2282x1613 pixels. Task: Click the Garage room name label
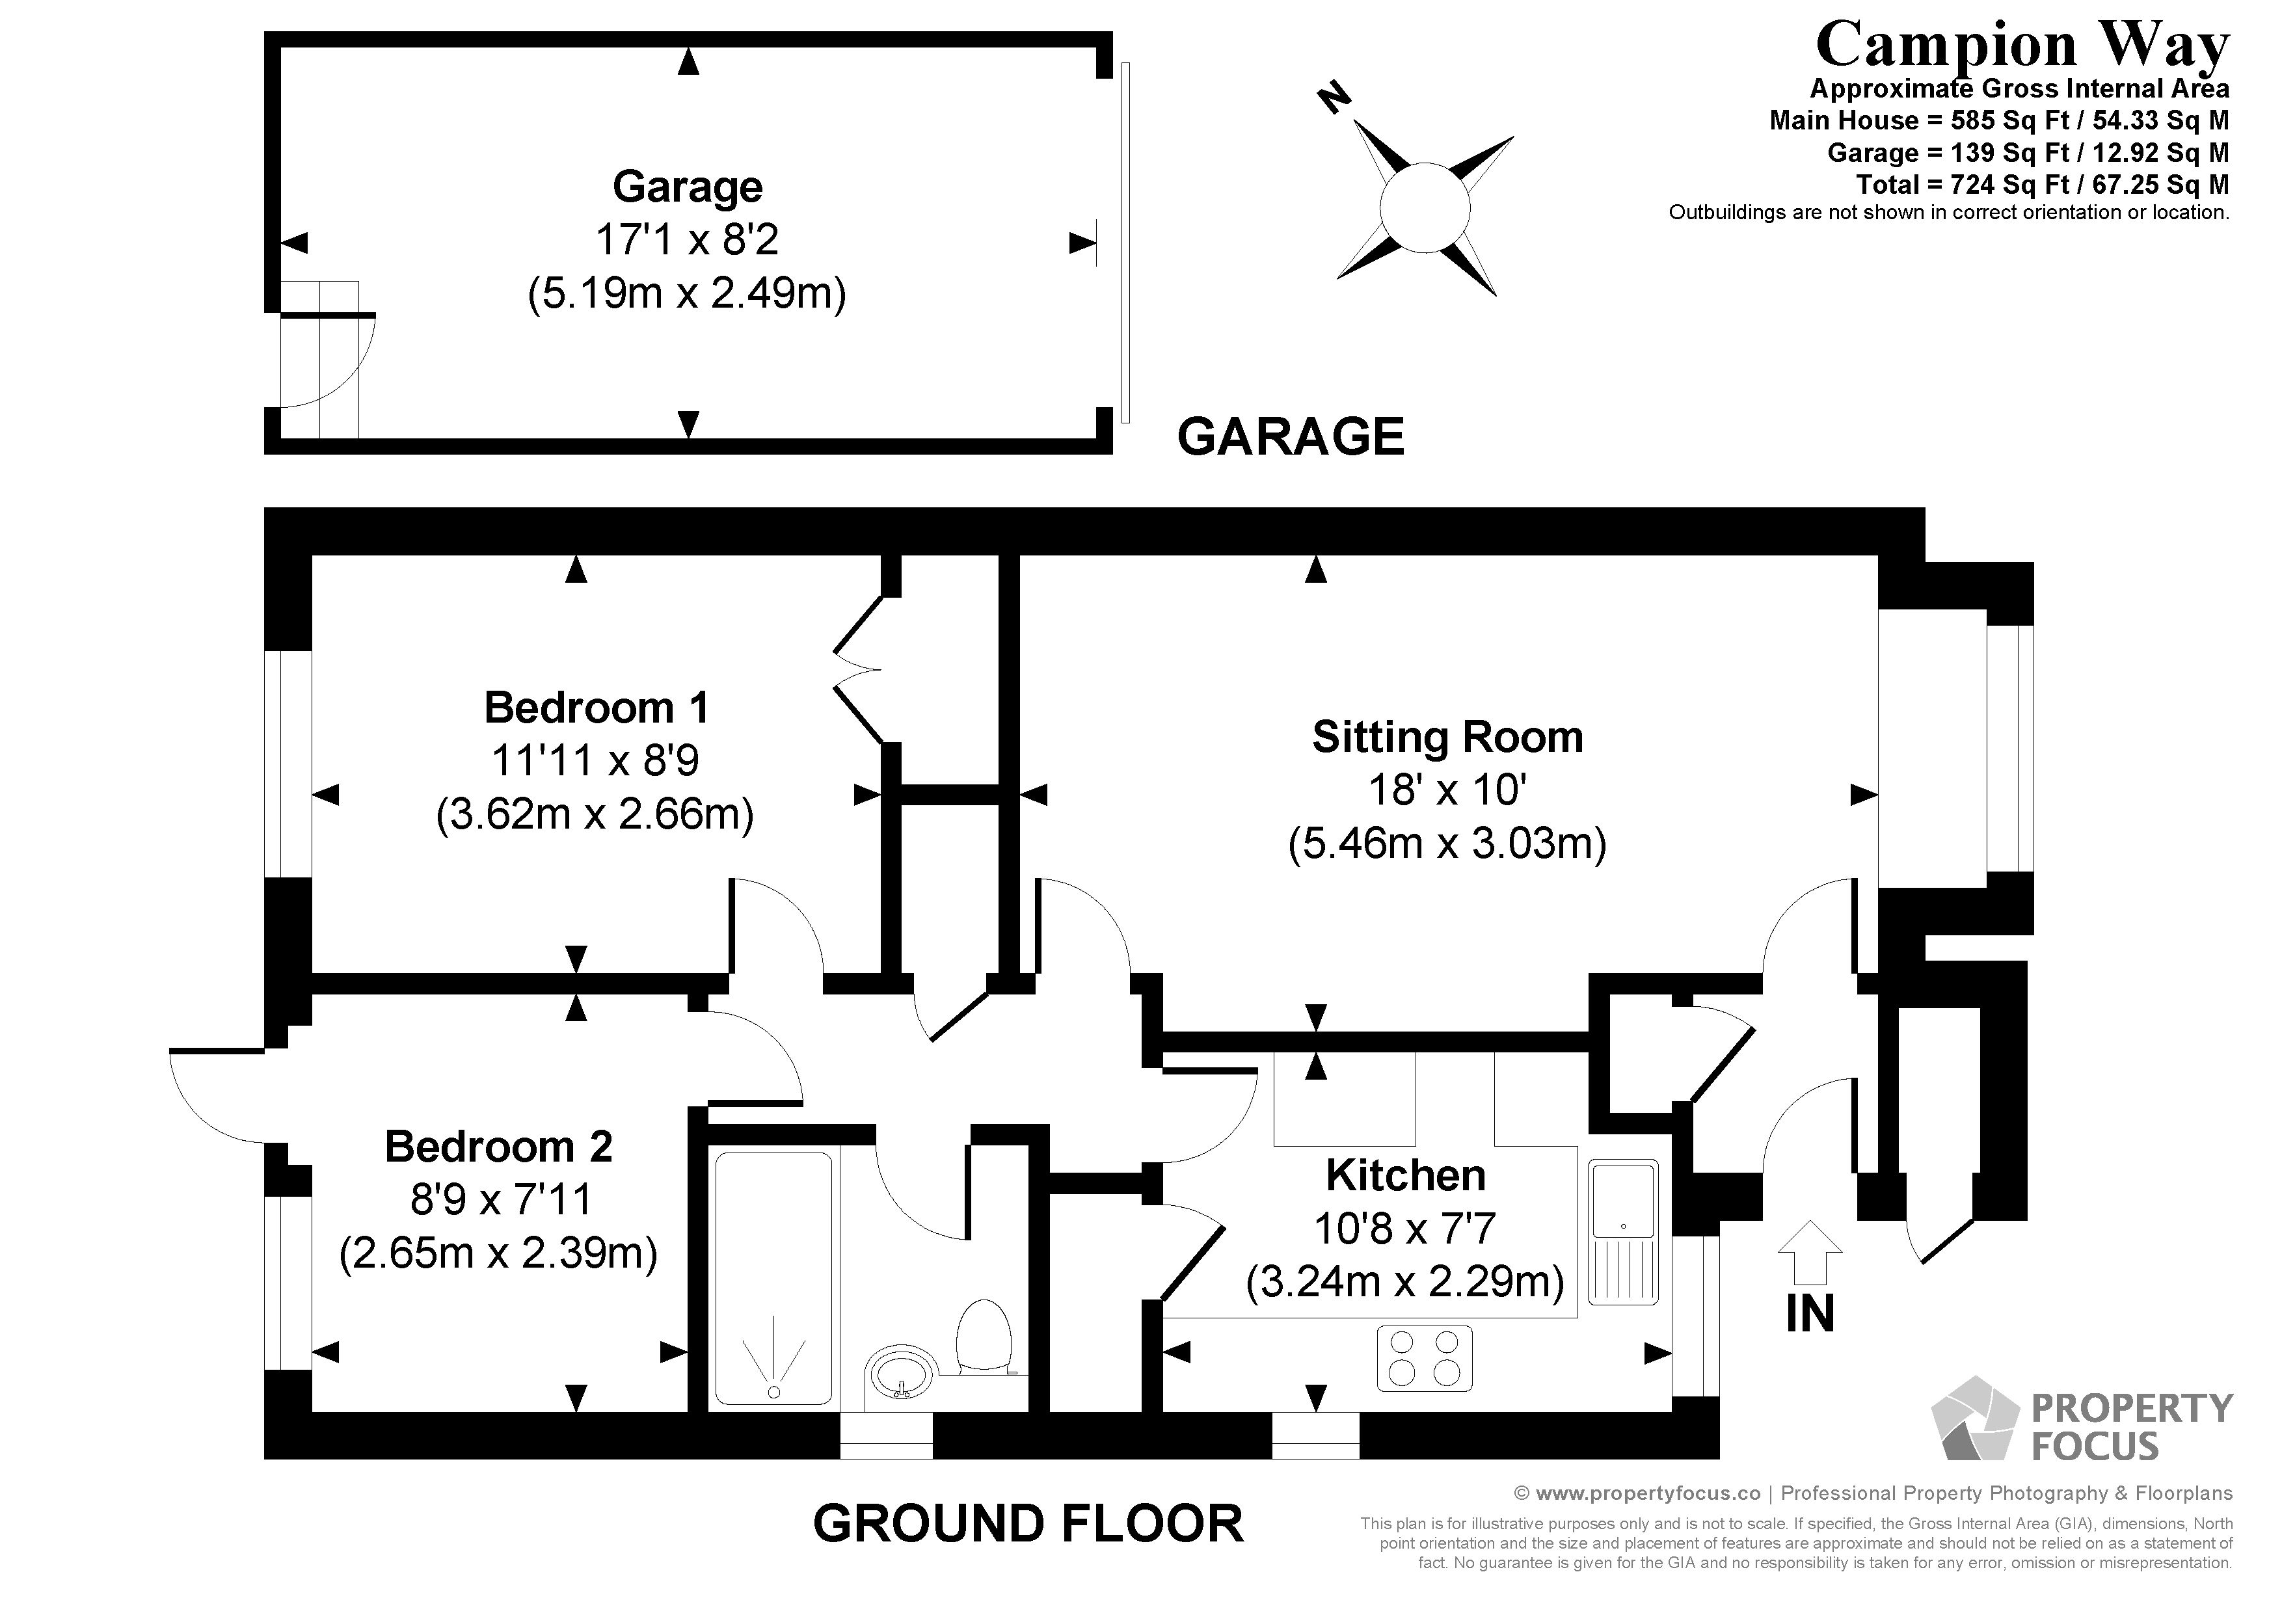coord(687,187)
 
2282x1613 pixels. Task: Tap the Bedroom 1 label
coord(597,708)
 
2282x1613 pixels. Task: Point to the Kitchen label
coord(1405,1176)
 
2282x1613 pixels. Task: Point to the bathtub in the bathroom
coord(773,1278)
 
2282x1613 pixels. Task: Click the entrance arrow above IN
coord(1810,1252)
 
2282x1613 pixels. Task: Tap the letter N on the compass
coord(1334,98)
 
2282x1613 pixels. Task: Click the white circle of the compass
coord(1424,207)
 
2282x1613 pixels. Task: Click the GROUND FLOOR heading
coord(1028,1523)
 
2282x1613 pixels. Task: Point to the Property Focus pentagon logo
coord(1973,1420)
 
